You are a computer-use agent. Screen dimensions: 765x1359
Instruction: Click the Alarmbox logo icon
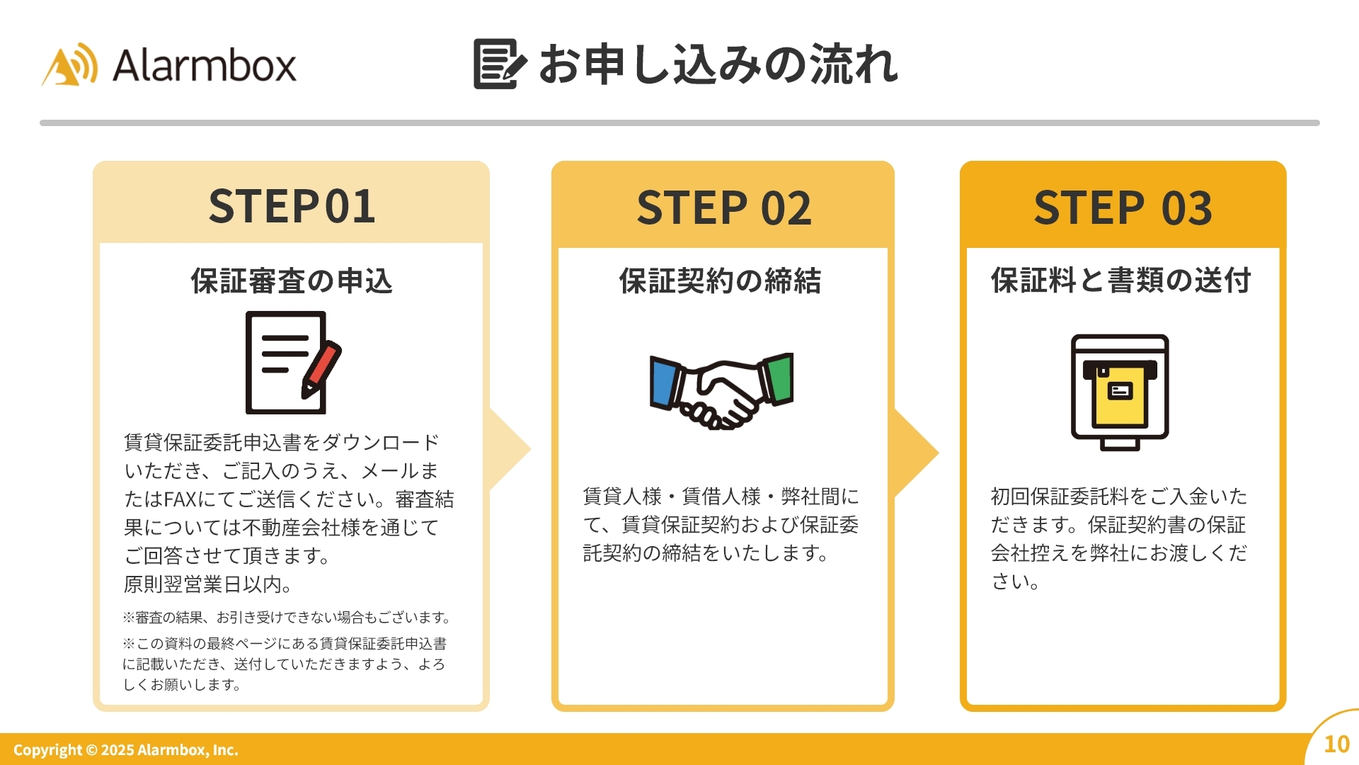tap(70, 65)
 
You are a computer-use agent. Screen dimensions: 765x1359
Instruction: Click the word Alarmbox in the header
tap(204, 66)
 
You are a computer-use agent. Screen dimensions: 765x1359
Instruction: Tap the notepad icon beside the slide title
tap(499, 64)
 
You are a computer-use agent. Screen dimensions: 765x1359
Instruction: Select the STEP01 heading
tap(292, 207)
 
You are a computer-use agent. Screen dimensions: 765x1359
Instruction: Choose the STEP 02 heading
tap(723, 208)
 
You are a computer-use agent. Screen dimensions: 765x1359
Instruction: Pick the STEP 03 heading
tap(1123, 208)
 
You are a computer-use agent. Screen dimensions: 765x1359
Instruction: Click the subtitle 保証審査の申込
tap(292, 281)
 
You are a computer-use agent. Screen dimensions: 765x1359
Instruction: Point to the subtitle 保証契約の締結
tap(720, 281)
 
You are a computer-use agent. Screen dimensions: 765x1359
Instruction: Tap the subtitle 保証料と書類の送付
tap(1121, 280)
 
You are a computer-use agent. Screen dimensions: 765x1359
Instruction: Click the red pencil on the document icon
tap(322, 368)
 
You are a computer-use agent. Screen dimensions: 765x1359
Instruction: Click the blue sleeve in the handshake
tap(664, 383)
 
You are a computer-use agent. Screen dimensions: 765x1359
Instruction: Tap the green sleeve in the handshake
tap(779, 379)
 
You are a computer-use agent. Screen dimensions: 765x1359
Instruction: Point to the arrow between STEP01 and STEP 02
tap(510, 448)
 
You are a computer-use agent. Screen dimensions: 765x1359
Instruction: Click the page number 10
tap(1336, 744)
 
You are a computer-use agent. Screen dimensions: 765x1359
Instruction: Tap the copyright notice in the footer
tap(126, 750)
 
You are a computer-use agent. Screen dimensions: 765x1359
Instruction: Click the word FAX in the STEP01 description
tap(180, 499)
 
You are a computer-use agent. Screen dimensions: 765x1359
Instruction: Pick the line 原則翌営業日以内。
tap(208, 584)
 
